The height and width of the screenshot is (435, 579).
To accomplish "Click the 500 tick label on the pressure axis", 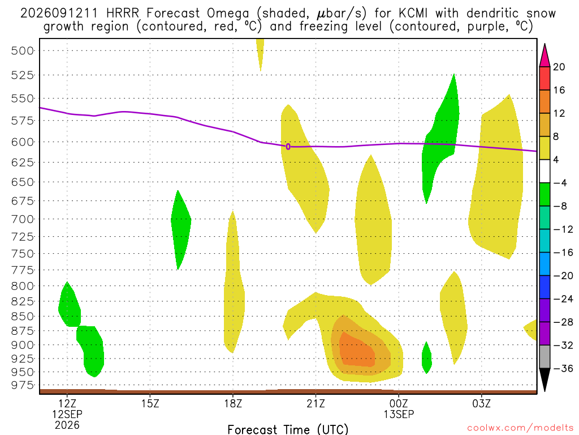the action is (x=22, y=50).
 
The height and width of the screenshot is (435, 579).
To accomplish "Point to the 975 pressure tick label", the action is (x=22, y=385).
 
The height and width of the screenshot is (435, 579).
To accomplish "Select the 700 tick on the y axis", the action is (x=22, y=219).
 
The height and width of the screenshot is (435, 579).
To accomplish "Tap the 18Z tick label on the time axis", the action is (x=233, y=403).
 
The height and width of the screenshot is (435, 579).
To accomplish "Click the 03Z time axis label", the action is (x=482, y=403).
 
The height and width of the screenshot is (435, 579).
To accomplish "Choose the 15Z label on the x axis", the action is (x=150, y=403).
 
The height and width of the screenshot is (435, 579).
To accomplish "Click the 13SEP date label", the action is (x=399, y=414).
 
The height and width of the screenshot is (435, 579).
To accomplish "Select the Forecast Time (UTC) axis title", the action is (x=288, y=429).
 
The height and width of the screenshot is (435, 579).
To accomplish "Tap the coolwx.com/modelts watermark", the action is (x=520, y=428).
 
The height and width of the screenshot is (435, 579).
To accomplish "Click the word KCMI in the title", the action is (x=413, y=14).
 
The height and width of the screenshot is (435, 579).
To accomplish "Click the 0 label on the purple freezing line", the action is (x=288, y=147).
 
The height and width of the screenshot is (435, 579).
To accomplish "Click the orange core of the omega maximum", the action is (x=357, y=350).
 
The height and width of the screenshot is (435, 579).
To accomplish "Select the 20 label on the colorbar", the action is (x=559, y=67).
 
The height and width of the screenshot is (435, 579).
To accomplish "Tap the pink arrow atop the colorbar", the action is (x=545, y=56).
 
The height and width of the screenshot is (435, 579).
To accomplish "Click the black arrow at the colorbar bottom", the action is (x=545, y=379).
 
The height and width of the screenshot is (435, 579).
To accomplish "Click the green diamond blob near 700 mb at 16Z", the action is (x=180, y=229).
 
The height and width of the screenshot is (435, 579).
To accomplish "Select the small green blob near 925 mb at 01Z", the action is (x=426, y=358).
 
